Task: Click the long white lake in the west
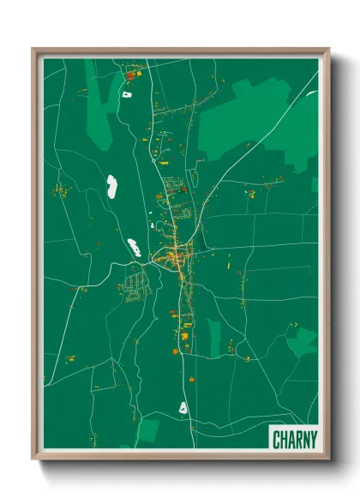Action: [111, 186]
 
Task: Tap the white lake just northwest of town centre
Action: [135, 249]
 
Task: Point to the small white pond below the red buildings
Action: [127, 93]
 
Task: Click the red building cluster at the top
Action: [132, 75]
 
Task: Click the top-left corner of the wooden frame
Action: [33, 49]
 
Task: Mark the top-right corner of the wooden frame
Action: [328, 49]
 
